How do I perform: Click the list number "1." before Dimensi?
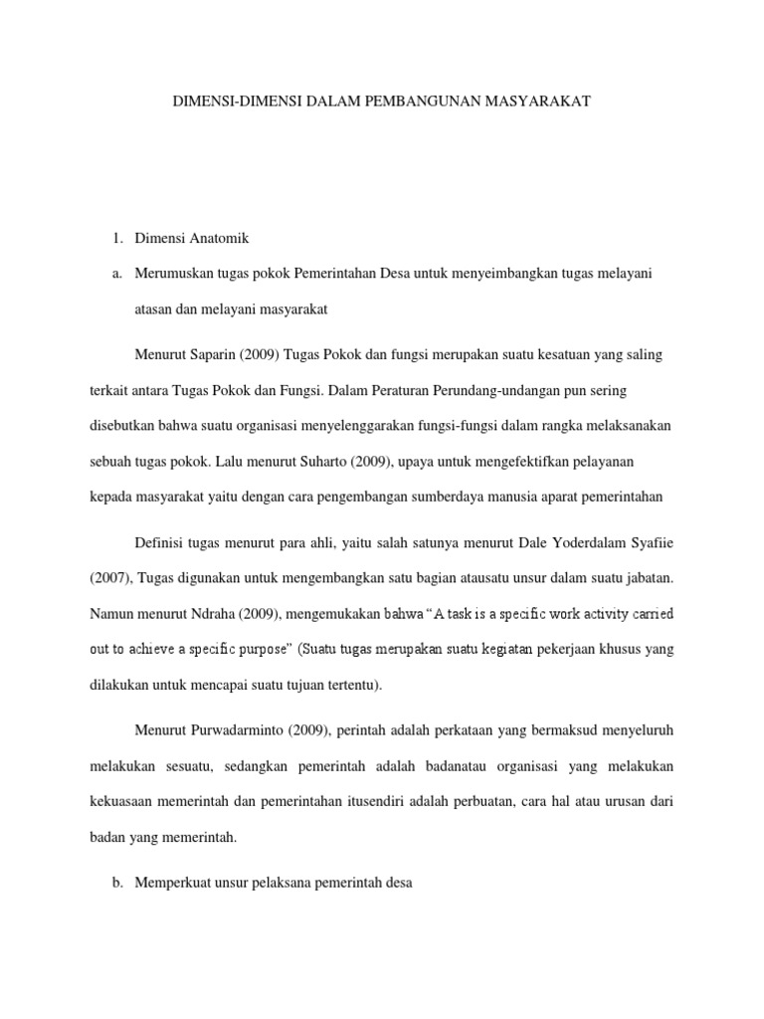pos(116,238)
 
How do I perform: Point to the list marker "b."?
pos(116,883)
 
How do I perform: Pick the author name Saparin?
pos(221,354)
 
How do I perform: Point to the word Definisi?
pos(161,541)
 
